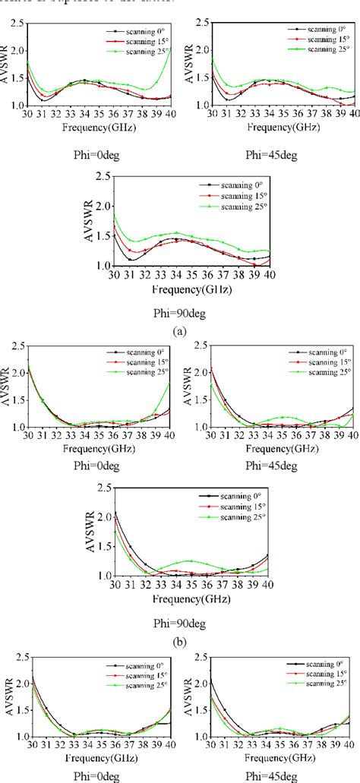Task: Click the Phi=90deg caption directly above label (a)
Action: click(178, 311)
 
